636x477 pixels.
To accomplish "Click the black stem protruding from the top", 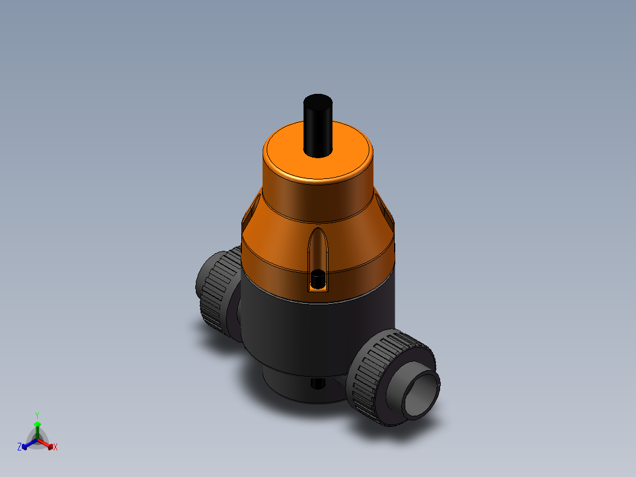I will (317, 130).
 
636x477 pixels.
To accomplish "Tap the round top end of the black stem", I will (317, 103).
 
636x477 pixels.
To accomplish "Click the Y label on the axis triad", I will (37, 415).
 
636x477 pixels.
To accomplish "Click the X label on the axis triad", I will (55, 447).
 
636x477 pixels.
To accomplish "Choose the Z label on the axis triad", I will (19, 447).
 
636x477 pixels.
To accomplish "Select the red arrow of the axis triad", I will (47, 444).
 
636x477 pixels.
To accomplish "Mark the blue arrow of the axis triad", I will (27, 444).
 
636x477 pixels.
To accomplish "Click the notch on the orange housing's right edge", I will (385, 207).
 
